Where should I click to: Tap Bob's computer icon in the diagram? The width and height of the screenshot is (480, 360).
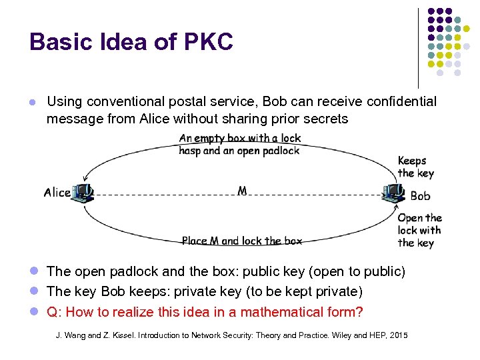(393, 192)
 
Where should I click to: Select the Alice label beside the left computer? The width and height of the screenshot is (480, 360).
(57, 193)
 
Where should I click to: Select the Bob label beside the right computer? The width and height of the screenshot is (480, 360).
(420, 196)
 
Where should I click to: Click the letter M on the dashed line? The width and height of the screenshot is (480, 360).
(242, 191)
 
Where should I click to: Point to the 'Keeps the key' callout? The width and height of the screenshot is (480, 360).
(415, 167)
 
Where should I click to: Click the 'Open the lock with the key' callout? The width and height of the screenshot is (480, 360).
(419, 230)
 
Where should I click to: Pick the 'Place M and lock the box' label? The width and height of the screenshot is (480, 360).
(241, 241)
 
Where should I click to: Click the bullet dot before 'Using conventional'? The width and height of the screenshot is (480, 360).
(31, 103)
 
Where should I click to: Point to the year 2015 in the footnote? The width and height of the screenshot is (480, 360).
(397, 334)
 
